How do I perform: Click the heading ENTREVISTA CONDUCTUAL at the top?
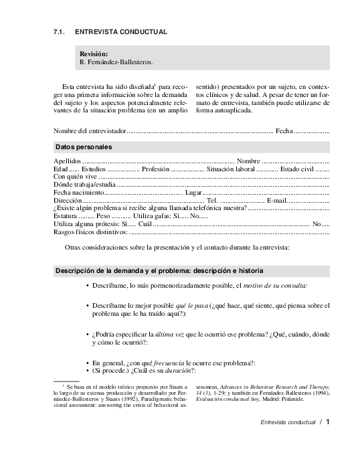point(120,32)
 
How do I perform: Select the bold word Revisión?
point(94,54)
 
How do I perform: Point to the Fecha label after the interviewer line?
point(284,130)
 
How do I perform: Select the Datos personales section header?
point(84,147)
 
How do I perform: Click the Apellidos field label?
point(67,161)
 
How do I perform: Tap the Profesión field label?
point(156,169)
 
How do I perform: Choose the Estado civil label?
point(297,169)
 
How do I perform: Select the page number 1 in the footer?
point(328,422)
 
